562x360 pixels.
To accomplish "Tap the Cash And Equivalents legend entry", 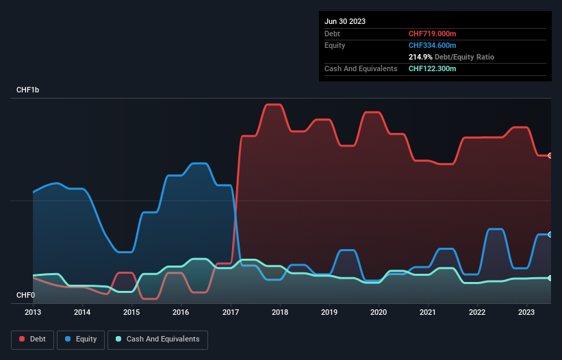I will [x=157, y=339].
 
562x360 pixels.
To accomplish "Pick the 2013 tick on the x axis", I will [x=33, y=312].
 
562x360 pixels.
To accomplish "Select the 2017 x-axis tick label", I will [x=231, y=312].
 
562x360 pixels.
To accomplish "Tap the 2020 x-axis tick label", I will [x=379, y=312].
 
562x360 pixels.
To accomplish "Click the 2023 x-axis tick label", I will [x=526, y=312].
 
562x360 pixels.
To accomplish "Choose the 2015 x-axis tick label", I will [x=131, y=312].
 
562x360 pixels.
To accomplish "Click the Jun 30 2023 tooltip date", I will [x=345, y=21].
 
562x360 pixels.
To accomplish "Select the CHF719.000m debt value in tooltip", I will [x=433, y=34].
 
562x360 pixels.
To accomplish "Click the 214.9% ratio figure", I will [x=420, y=57].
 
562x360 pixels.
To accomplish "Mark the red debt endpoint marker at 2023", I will [x=550, y=155].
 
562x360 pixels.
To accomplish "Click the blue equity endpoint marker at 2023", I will [x=550, y=235].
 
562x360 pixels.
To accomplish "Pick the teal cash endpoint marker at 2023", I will [x=550, y=278].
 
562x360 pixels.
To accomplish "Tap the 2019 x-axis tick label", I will [x=329, y=312].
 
